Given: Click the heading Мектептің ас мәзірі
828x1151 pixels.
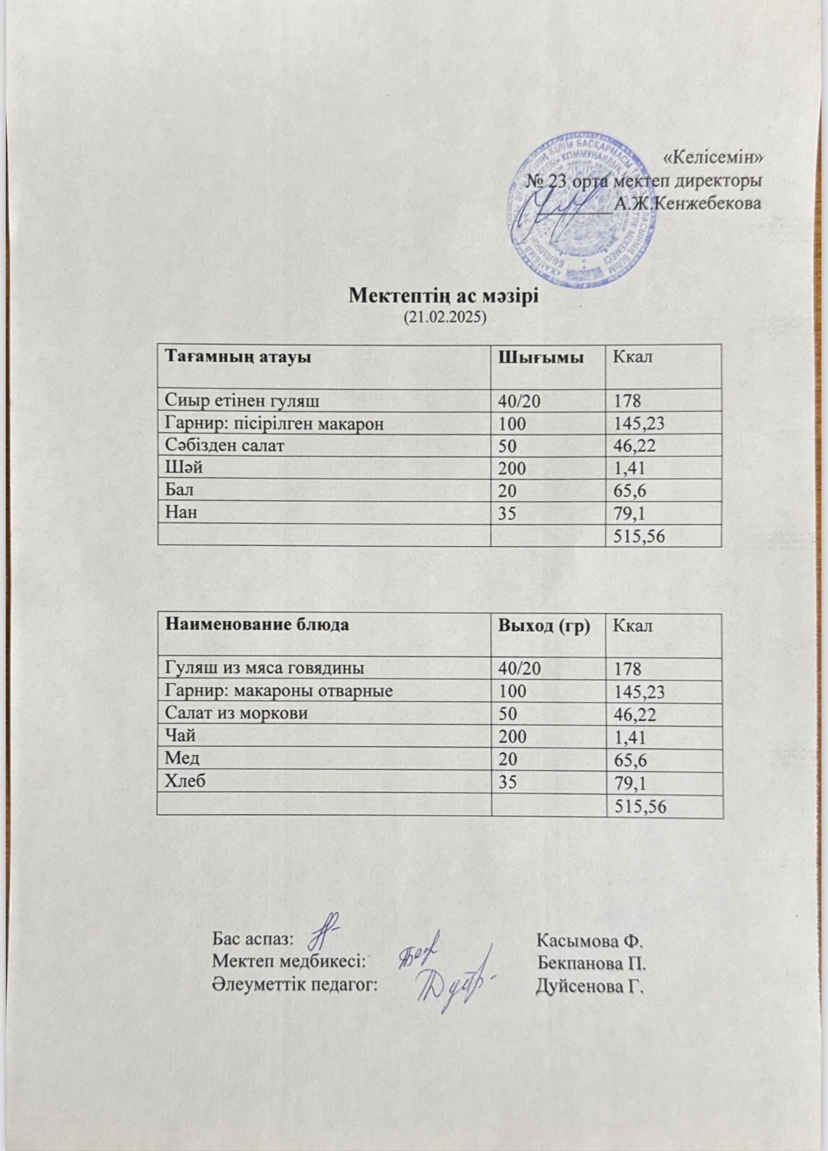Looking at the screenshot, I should pyautogui.click(x=443, y=296).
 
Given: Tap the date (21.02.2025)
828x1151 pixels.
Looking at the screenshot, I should pyautogui.click(x=444, y=316).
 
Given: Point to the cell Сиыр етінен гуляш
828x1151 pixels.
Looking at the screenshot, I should pyautogui.click(x=242, y=400).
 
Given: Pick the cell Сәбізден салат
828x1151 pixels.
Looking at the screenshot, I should pyautogui.click(x=224, y=445).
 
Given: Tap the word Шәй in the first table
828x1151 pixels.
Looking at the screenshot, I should pyautogui.click(x=184, y=468).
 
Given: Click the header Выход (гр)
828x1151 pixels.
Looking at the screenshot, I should pyautogui.click(x=544, y=625).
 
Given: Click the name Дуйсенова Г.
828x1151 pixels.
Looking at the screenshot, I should pyautogui.click(x=589, y=985).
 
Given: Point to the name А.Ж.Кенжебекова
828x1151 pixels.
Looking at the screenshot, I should pyautogui.click(x=688, y=204).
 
